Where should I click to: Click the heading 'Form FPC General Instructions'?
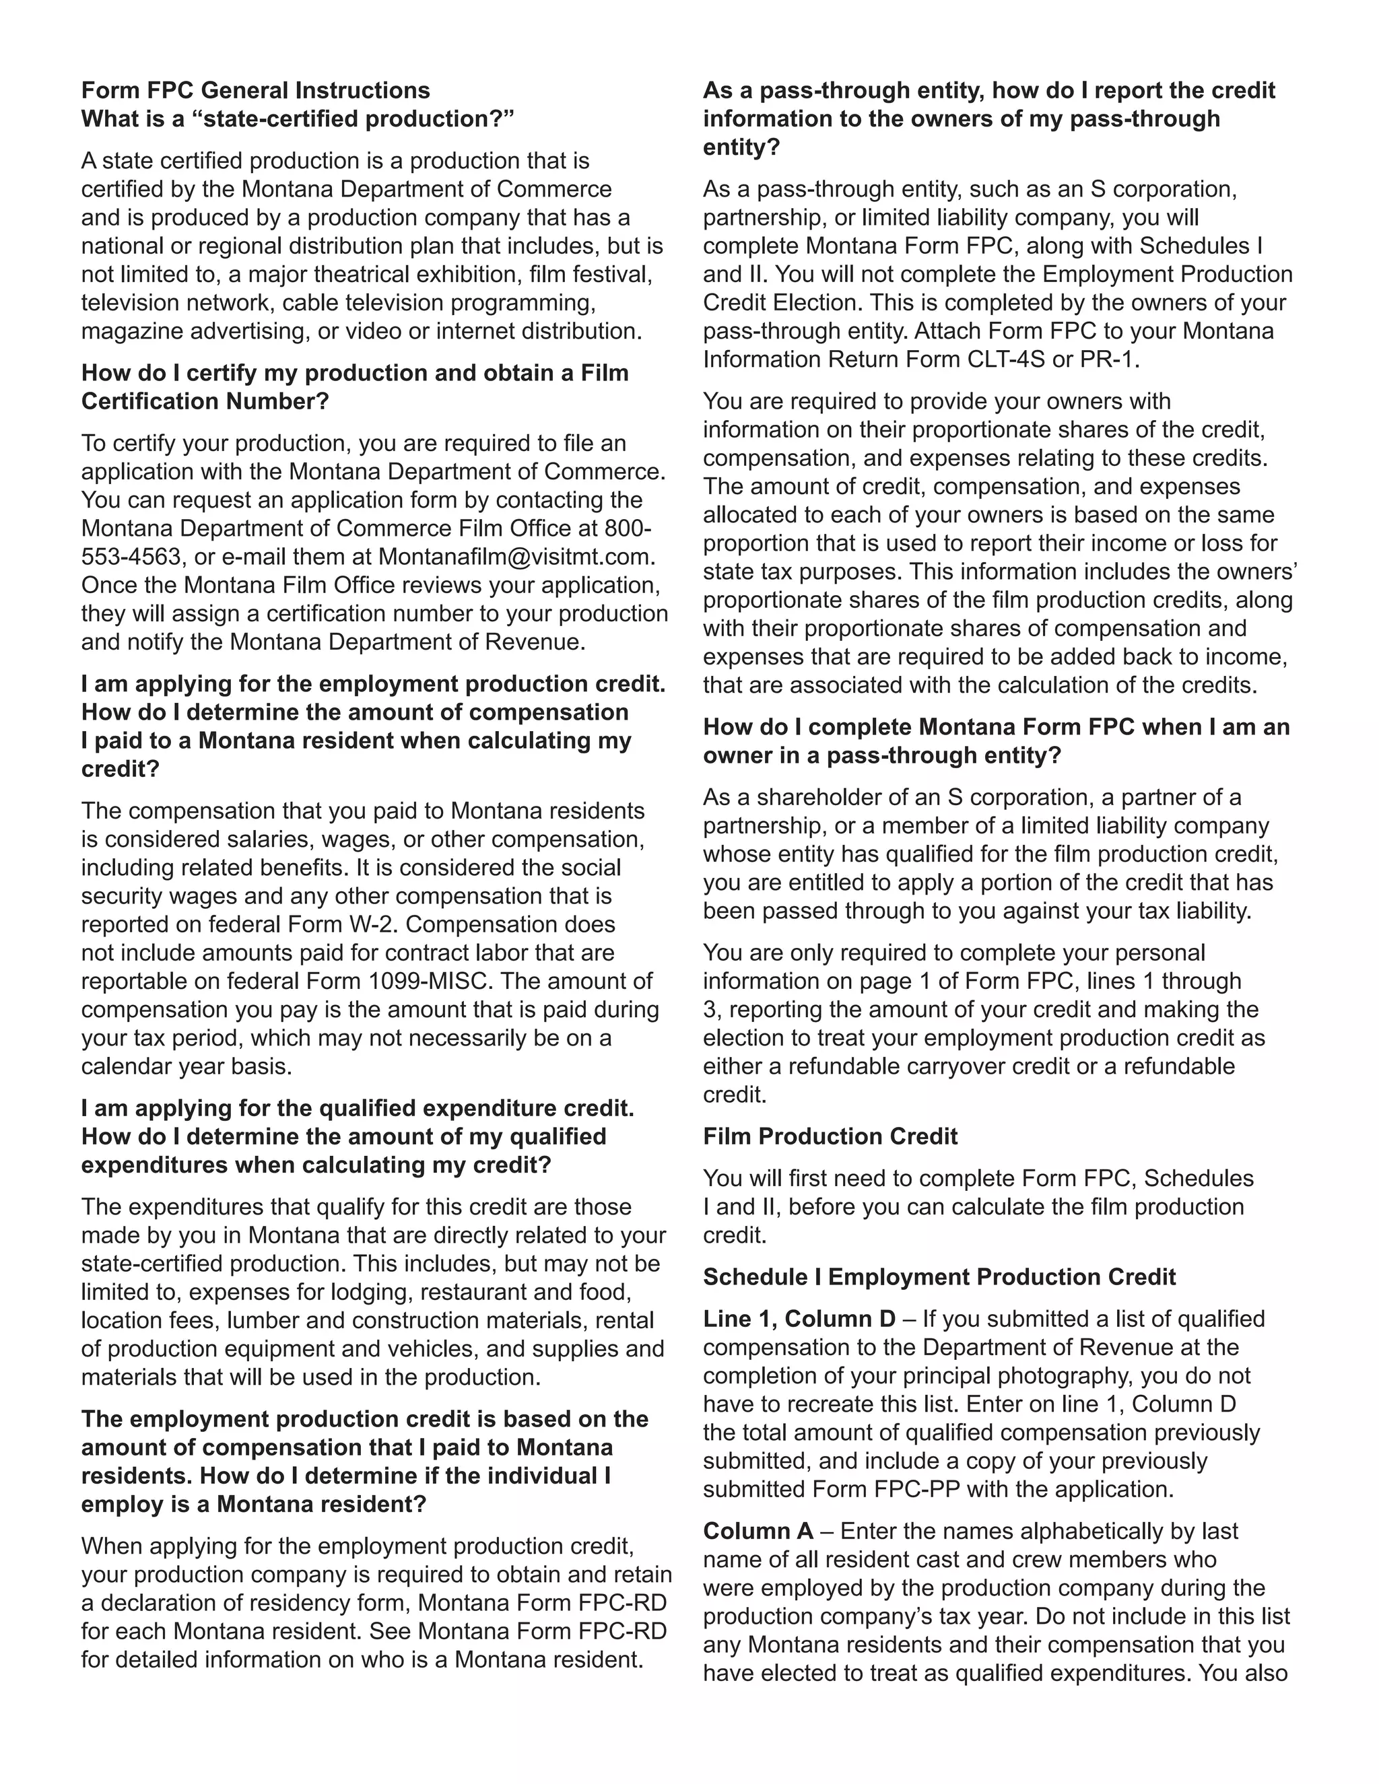255,90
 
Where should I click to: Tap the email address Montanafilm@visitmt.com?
516,556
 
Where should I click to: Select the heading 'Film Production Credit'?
830,1136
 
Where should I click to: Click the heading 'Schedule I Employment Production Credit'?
939,1276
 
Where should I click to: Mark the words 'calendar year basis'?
187,1066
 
